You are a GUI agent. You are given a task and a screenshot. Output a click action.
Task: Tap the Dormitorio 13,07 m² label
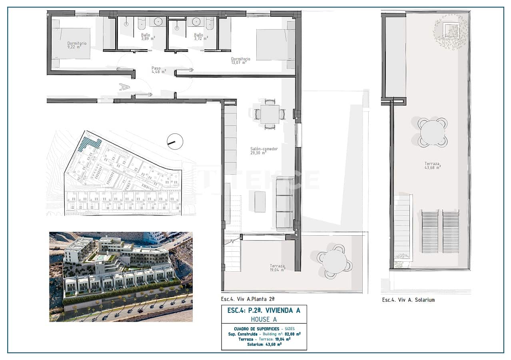(x=240, y=60)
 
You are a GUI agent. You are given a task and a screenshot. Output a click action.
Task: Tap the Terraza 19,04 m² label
(x=277, y=268)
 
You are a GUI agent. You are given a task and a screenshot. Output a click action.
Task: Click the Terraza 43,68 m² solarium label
(x=432, y=165)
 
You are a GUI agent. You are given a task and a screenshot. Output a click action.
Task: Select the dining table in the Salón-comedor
(x=267, y=114)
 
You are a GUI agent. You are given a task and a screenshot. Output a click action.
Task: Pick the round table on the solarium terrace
(x=432, y=132)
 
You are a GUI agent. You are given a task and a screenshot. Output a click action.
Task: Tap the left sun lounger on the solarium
(x=430, y=232)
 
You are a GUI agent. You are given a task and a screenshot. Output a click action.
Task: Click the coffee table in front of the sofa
(x=260, y=202)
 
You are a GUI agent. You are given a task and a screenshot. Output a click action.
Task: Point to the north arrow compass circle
(x=175, y=141)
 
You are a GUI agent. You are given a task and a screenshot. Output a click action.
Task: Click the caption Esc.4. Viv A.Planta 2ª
(x=248, y=298)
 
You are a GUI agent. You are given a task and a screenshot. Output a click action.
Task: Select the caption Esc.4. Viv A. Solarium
(x=408, y=300)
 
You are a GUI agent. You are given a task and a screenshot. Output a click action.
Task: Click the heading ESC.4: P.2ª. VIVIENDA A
(x=263, y=310)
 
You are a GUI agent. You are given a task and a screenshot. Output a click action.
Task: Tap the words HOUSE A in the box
(x=264, y=319)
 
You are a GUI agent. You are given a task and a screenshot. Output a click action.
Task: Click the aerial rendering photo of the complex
(x=121, y=276)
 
